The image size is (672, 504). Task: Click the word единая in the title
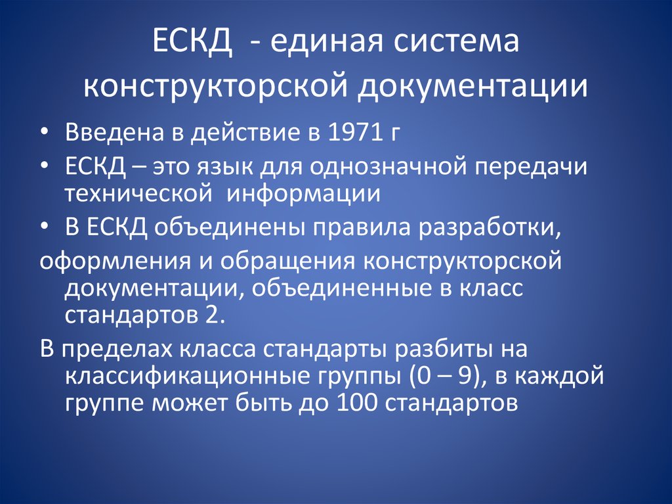(x=326, y=42)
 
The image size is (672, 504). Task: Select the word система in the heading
(x=455, y=42)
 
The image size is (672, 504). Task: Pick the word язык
(x=224, y=166)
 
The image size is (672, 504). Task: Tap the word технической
(x=138, y=194)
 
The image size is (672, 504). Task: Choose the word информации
(x=303, y=194)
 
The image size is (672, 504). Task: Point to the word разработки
(x=488, y=228)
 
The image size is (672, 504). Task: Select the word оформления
(x=115, y=261)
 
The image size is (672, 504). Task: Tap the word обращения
(x=287, y=261)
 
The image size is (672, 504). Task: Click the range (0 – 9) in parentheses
(x=444, y=376)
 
